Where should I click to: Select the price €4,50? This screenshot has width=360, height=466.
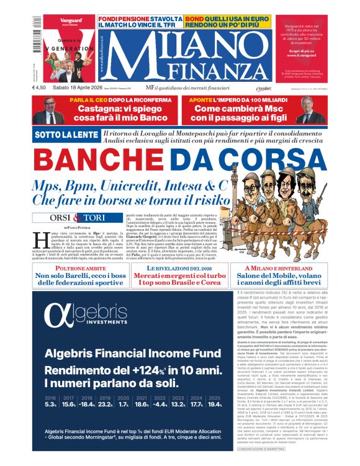pyautogui.click(x=40, y=89)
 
